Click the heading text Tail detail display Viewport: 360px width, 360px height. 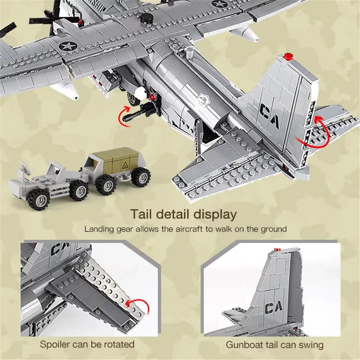pos(184,214)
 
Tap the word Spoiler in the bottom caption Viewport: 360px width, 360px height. pos(55,344)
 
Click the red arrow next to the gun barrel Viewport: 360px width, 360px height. pos(124,114)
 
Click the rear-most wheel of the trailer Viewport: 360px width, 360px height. pos(141,177)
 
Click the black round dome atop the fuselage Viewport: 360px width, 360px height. pos(146,18)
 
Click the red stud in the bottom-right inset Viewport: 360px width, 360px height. pos(277,248)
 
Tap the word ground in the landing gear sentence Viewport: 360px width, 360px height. pos(274,229)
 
